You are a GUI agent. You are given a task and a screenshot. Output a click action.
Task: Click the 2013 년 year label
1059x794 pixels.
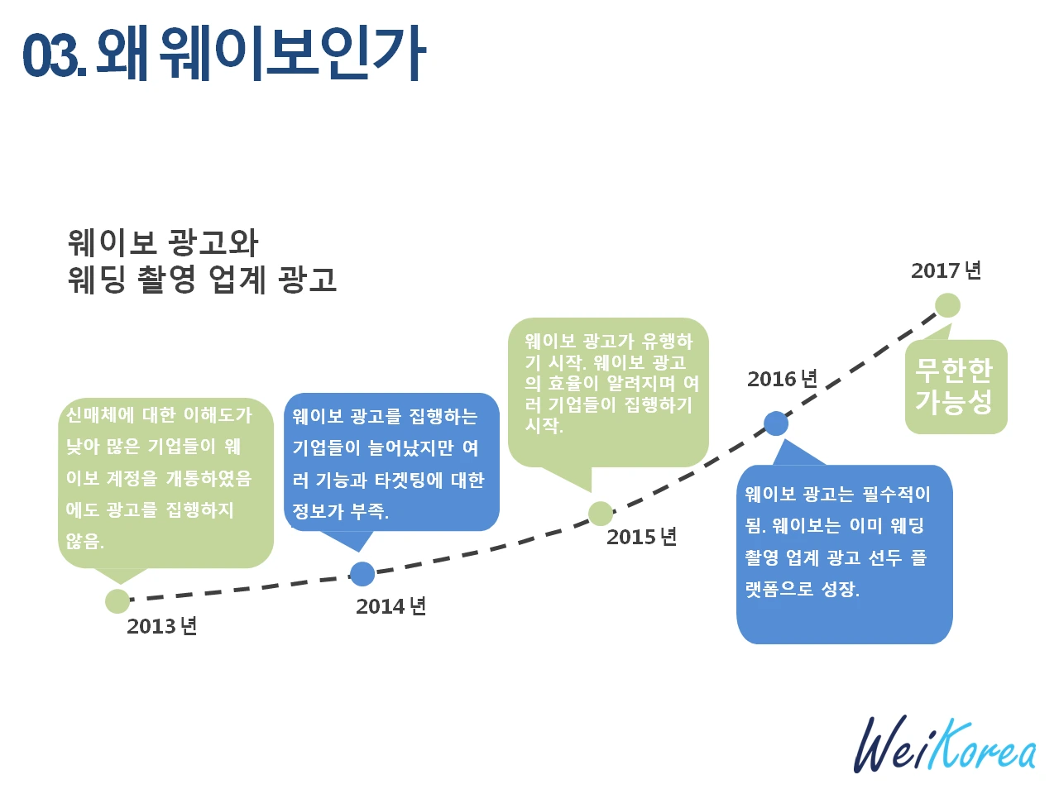tap(161, 626)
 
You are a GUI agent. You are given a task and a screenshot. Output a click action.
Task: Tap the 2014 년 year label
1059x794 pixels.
tap(391, 606)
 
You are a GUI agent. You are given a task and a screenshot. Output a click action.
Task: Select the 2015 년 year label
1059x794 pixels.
tap(641, 537)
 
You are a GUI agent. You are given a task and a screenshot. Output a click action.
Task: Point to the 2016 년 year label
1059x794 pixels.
tap(782, 379)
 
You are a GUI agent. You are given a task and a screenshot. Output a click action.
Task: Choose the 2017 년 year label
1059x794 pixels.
tap(946, 270)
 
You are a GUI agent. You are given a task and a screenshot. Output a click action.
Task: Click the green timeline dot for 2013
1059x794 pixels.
tap(117, 601)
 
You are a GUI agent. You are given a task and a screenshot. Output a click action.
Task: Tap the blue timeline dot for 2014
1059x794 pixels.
tap(362, 573)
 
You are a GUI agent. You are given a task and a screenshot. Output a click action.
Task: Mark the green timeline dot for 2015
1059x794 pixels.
tap(601, 514)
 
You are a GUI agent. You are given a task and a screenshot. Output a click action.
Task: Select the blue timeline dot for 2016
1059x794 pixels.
tap(776, 423)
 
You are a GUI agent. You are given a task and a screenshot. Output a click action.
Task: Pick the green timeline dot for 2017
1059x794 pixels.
tap(947, 305)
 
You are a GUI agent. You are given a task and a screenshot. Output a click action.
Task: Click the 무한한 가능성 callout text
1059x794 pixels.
tap(954, 386)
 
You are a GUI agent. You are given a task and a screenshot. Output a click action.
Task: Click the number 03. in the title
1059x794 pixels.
tap(54, 56)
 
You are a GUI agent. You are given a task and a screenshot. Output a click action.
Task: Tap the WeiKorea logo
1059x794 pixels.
tap(944, 744)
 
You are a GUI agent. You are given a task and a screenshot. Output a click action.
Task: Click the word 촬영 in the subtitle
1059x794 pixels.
tap(167, 280)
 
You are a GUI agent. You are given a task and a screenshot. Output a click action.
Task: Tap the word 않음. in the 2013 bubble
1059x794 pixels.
tap(85, 541)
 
